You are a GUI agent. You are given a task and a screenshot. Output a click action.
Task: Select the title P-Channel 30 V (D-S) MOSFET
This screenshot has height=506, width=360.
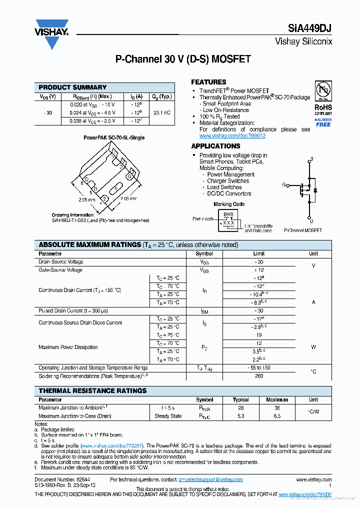tap(183, 59)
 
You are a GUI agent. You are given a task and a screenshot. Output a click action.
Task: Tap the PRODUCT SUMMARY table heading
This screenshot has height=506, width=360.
tap(72, 87)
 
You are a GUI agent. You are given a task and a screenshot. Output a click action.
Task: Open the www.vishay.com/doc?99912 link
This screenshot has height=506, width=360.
tap(232, 135)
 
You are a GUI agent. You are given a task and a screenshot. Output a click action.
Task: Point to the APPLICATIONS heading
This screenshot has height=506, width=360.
tap(215, 146)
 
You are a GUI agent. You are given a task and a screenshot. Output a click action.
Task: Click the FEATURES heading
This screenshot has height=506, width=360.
tap(208, 82)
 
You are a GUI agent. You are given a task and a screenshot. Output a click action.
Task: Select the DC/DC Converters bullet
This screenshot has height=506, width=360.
tap(229, 193)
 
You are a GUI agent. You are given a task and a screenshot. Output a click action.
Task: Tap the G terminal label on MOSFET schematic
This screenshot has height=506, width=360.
tap(284, 184)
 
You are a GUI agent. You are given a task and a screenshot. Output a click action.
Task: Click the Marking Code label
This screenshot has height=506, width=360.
tap(229, 204)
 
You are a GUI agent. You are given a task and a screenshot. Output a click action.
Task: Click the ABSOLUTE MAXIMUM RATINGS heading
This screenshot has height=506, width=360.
tap(90, 245)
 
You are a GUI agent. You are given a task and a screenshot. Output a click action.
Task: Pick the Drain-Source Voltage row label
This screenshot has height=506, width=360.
tap(61, 262)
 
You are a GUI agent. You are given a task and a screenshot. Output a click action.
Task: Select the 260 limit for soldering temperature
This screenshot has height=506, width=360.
tap(258, 376)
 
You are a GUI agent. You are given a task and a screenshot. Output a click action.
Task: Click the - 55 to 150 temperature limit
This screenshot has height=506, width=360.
tap(258, 368)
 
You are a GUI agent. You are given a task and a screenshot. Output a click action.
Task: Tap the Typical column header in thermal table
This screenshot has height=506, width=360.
tap(240, 400)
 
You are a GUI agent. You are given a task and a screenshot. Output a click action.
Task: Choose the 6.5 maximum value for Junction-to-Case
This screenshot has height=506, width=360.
tap(276, 416)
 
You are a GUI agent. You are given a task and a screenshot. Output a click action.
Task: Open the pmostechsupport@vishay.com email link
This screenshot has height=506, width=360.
tap(210, 480)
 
